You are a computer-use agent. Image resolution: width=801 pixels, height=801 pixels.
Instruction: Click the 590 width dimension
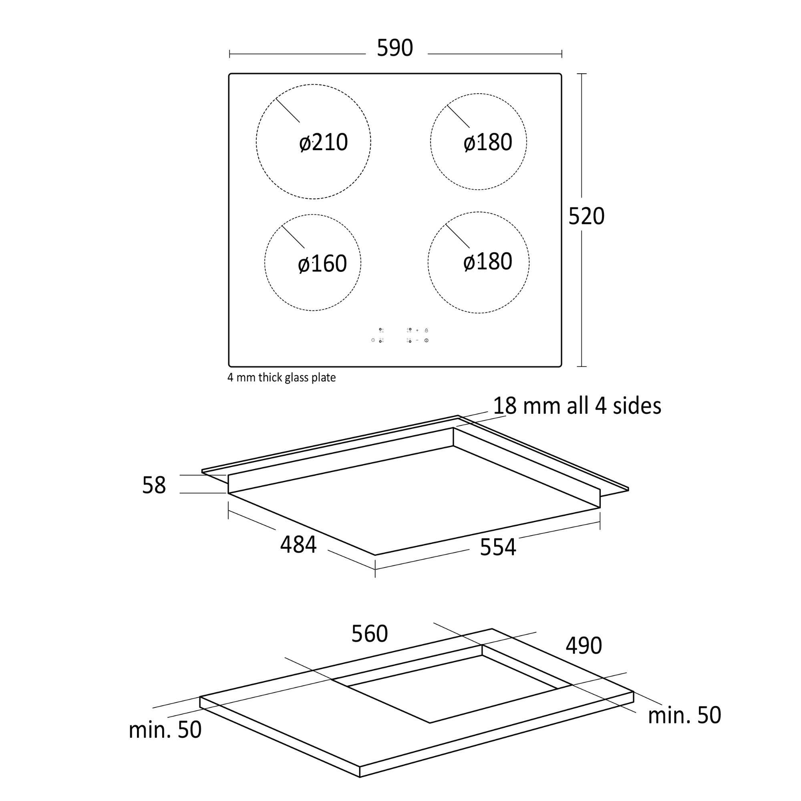[395, 48]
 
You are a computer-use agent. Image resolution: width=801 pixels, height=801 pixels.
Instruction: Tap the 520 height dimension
[586, 216]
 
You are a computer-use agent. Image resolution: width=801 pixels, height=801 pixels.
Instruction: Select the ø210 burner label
[323, 142]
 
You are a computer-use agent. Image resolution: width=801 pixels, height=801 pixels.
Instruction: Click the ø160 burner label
[322, 264]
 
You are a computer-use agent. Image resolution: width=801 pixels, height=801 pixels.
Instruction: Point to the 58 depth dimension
[154, 485]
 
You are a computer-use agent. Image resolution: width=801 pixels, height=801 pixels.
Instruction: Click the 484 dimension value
[298, 545]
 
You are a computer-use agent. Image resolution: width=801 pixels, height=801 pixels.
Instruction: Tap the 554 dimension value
[498, 547]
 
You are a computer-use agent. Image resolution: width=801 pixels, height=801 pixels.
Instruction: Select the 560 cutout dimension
[369, 634]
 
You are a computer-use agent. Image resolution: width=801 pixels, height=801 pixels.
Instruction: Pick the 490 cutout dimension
[584, 646]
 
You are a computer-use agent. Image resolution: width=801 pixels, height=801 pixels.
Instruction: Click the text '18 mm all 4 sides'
[577, 405]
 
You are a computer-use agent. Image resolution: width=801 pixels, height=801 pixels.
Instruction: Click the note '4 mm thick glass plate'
[282, 377]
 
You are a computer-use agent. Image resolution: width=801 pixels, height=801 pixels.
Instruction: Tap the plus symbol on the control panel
[417, 330]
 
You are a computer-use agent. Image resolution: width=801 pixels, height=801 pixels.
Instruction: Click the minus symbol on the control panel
[417, 340]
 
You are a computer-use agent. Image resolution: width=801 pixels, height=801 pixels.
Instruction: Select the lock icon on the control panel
[426, 330]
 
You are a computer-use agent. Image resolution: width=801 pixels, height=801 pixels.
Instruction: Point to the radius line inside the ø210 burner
[288, 110]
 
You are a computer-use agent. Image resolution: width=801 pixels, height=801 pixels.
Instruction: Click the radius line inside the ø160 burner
[293, 237]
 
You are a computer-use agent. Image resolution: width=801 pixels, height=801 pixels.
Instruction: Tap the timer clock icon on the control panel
[373, 340]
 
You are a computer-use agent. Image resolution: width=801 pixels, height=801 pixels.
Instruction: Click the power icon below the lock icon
[426, 340]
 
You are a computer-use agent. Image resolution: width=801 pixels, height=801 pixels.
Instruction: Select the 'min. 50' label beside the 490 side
[684, 716]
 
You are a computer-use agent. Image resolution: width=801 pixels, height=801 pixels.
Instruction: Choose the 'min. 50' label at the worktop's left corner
[165, 730]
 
